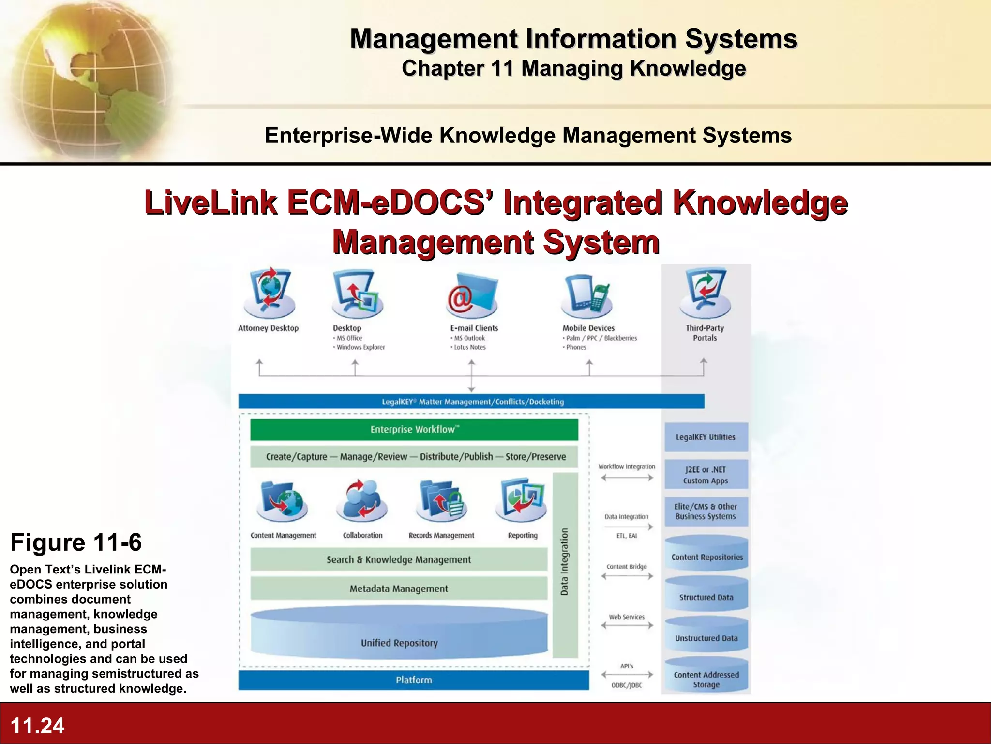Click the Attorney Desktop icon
(270, 294)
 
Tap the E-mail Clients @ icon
(472, 295)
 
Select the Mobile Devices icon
(587, 294)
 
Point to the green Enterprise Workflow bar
(414, 430)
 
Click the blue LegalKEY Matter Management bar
(471, 402)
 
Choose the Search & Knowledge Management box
(398, 560)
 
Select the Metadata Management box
(398, 589)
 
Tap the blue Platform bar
(413, 680)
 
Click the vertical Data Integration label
(565, 562)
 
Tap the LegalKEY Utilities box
(706, 437)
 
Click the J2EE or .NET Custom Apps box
(706, 475)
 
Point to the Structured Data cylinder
(706, 594)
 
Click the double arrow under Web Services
(627, 625)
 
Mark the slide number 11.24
(37, 726)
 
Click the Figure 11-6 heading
(76, 542)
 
